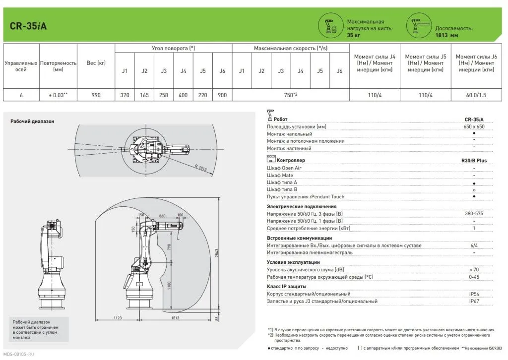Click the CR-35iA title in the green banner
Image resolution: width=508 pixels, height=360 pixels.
pyautogui.click(x=29, y=25)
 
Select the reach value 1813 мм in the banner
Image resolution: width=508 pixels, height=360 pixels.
pyautogui.click(x=446, y=35)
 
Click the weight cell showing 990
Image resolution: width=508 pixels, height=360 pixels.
pyautogui.click(x=96, y=95)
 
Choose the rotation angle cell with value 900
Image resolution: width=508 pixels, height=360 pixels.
pyautogui.click(x=222, y=95)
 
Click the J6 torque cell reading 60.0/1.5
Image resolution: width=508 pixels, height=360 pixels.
pyautogui.click(x=475, y=95)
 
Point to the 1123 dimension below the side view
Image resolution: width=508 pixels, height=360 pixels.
pyautogui.click(x=117, y=317)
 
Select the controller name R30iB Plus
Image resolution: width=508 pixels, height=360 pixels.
pyautogui.click(x=474, y=161)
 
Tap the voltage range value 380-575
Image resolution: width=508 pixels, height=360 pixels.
pyautogui.click(x=474, y=213)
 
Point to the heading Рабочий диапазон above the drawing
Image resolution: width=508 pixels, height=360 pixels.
pyautogui.click(x=32, y=121)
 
